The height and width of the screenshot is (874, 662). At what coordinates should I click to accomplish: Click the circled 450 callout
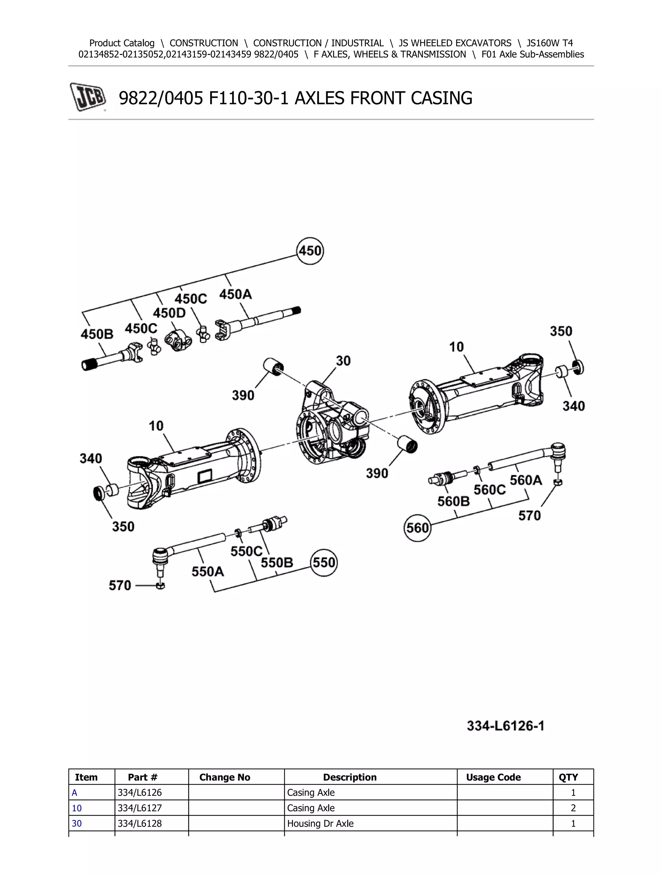point(310,251)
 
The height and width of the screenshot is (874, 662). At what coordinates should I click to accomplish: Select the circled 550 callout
point(324,562)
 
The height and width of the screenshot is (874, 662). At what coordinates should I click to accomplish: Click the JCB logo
point(88,97)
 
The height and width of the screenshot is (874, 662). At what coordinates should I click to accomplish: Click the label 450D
point(169,313)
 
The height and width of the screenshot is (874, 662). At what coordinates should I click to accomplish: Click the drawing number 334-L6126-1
point(505,726)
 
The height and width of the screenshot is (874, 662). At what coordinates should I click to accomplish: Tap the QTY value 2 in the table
point(573,808)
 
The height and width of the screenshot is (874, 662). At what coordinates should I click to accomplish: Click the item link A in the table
point(74,793)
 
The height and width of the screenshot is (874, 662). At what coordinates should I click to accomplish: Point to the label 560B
point(454,502)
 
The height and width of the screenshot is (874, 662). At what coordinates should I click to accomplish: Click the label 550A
point(208,571)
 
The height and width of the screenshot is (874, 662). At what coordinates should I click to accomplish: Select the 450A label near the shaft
point(235,294)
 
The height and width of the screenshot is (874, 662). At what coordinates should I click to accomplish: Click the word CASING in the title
point(441,98)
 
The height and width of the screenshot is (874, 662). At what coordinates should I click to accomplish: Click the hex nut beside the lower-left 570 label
point(160,586)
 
